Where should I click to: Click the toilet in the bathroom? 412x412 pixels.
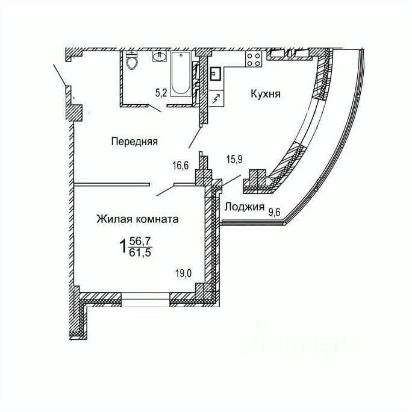(132, 61)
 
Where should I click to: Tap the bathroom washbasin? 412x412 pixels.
(159, 56)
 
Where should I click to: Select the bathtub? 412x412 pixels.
(181, 74)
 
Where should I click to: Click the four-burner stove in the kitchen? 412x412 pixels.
(254, 59)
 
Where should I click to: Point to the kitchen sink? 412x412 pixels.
(216, 74)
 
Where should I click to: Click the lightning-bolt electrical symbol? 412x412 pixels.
(217, 99)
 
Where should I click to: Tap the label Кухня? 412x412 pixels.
(266, 94)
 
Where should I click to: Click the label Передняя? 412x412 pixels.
(134, 142)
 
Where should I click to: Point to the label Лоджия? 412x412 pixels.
(245, 207)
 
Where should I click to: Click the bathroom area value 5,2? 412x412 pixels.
(161, 93)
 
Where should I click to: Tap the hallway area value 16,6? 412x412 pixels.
(181, 166)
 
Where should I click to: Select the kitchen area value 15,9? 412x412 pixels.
(234, 160)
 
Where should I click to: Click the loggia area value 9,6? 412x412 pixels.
(274, 212)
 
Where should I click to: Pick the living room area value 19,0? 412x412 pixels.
(184, 273)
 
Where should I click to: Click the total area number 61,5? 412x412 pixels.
(140, 252)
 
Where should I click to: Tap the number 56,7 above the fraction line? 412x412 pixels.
(140, 241)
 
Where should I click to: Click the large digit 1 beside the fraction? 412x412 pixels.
(123, 247)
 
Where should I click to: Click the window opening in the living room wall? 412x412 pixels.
(146, 300)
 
